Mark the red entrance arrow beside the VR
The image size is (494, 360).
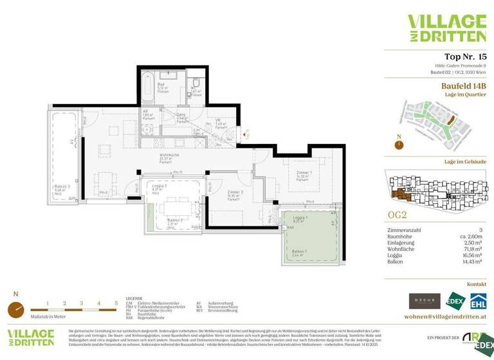tap(244, 134)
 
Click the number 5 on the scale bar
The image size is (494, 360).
tap(116, 302)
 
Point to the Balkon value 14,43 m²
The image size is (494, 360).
tap(474, 262)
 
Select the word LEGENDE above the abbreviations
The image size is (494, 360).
tap(134, 298)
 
